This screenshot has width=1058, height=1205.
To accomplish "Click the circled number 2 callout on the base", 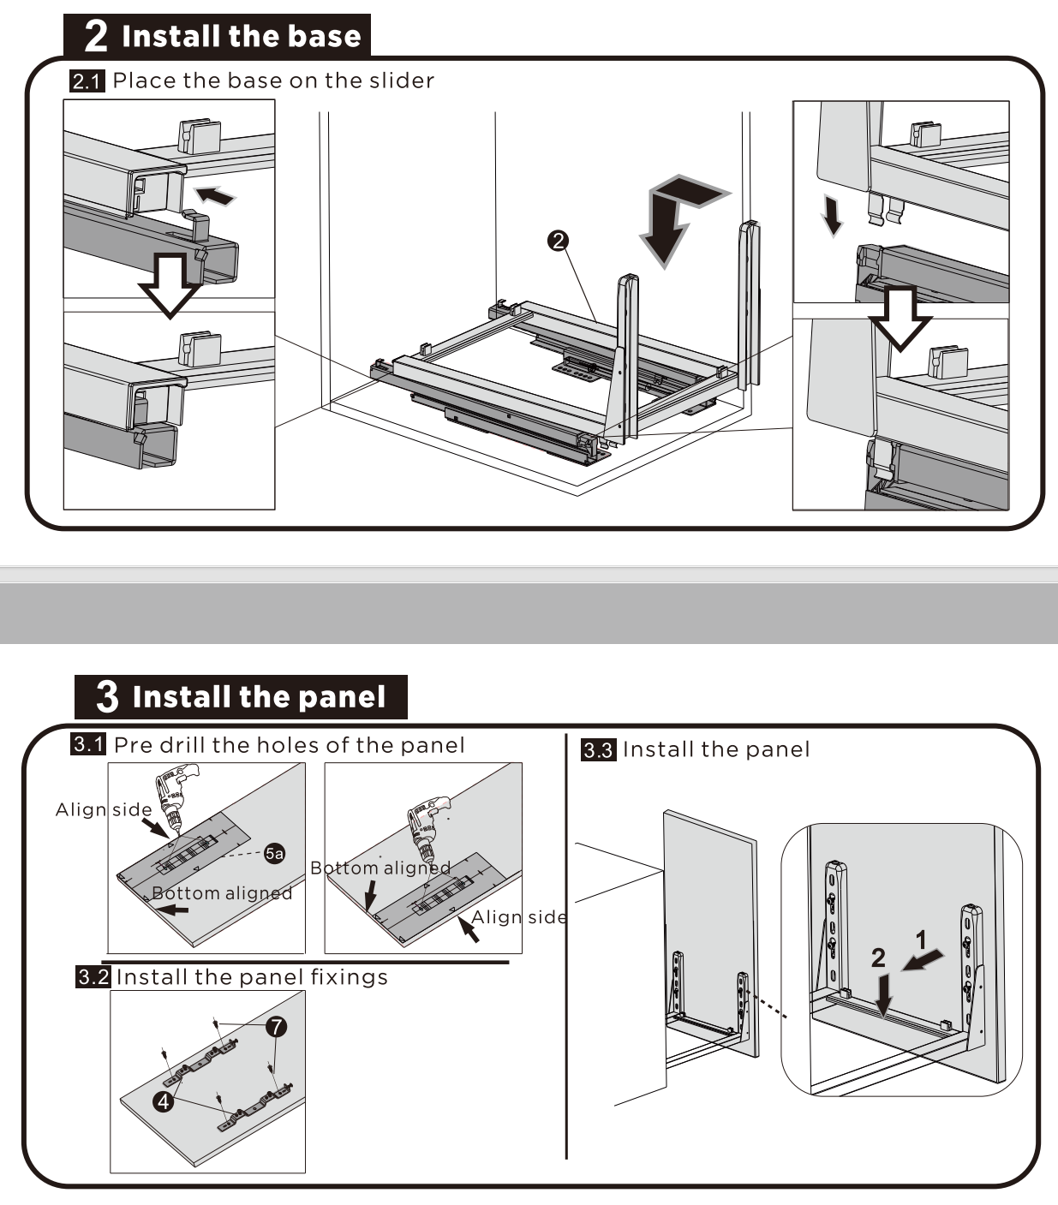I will click(558, 242).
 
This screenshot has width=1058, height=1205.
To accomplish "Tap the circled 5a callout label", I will click(274, 853).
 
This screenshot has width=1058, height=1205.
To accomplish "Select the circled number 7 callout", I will click(276, 1026).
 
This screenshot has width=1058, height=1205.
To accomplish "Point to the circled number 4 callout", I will click(164, 1101).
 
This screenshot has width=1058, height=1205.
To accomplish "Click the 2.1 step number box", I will click(87, 81).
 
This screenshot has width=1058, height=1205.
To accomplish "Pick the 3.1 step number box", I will click(88, 744).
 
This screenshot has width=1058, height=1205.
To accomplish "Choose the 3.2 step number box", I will click(93, 976).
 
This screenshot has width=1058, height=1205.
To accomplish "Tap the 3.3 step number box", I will click(598, 750).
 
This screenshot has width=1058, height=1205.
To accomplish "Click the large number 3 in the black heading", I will click(107, 696).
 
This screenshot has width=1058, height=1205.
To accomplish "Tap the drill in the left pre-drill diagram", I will click(176, 796).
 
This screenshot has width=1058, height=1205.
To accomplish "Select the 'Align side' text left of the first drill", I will click(104, 809).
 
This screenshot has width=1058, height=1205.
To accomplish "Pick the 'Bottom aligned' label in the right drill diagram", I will click(380, 868).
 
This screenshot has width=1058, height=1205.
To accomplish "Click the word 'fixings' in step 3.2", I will click(349, 977).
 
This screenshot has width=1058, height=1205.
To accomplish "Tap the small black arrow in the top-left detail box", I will click(212, 195).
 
